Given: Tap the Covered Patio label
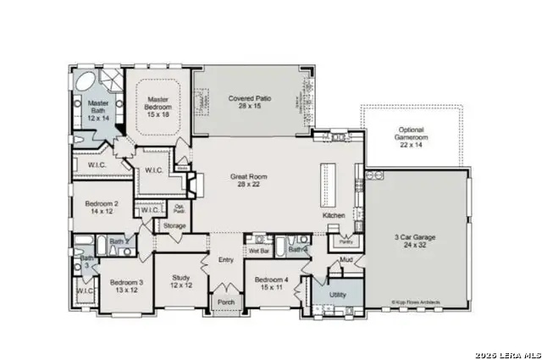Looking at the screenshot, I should tap(248, 103).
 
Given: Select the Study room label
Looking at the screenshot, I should tap(181, 281).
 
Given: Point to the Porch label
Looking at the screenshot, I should tap(226, 302).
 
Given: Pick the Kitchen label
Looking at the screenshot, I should tap(335, 216).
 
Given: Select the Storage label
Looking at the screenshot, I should tap(175, 225).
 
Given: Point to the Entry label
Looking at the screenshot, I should tap(226, 260).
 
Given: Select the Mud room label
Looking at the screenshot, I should tap(346, 261).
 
